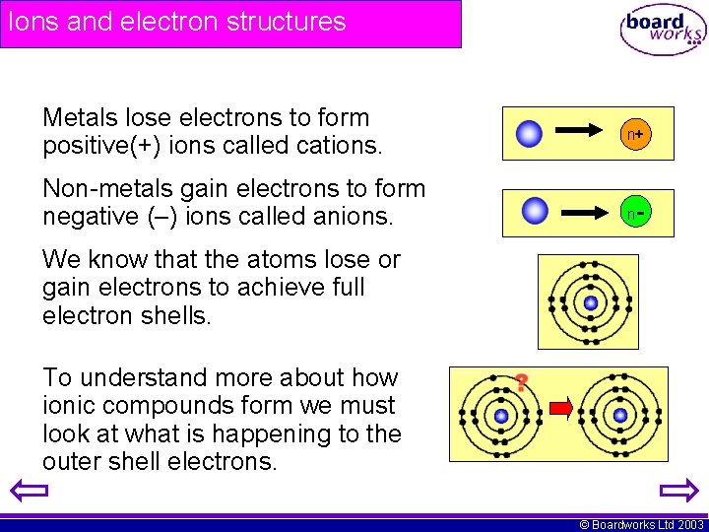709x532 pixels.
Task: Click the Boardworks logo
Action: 664,30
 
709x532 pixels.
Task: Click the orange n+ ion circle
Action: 635,134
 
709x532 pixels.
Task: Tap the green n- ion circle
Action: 635,212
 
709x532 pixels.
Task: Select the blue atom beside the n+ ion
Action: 530,134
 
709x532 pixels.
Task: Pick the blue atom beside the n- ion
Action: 535,211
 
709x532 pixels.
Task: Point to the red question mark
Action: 522,382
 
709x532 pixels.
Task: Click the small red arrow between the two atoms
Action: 561,407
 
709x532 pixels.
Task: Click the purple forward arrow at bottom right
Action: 679,490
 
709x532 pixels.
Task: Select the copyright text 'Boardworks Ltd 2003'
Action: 648,525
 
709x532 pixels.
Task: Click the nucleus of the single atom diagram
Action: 590,302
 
